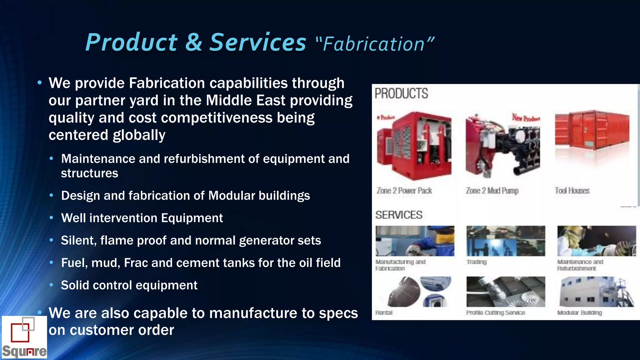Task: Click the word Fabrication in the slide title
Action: [373, 44]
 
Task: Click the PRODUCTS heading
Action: [401, 93]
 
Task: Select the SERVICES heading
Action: [399, 215]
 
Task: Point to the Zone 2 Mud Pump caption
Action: [492, 191]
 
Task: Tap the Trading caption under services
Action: [476, 262]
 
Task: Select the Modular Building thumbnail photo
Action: [596, 292]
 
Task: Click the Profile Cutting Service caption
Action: [495, 312]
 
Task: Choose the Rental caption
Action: [384, 312]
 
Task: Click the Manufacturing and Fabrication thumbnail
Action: [415, 241]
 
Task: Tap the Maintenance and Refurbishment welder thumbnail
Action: [596, 241]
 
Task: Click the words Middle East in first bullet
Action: [246, 101]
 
